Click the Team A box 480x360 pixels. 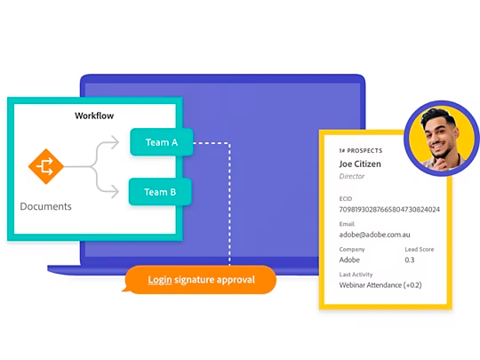(162, 142)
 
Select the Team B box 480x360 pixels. (160, 192)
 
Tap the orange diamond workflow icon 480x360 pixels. (46, 166)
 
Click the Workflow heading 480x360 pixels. (94, 116)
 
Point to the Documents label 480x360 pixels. (45, 206)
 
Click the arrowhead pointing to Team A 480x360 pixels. (115, 142)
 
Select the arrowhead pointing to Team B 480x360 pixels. (115, 192)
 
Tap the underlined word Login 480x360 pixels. (160, 280)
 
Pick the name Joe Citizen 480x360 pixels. (360, 164)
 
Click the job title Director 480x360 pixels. (352, 176)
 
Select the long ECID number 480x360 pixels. (389, 210)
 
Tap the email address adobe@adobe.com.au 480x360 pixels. (374, 235)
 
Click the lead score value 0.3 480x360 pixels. (410, 260)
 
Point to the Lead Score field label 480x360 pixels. (420, 249)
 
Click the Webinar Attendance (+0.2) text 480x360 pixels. (380, 285)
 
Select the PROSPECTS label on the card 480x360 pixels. (364, 150)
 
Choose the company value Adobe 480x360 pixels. (349, 260)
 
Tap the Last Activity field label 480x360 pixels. (356, 275)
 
